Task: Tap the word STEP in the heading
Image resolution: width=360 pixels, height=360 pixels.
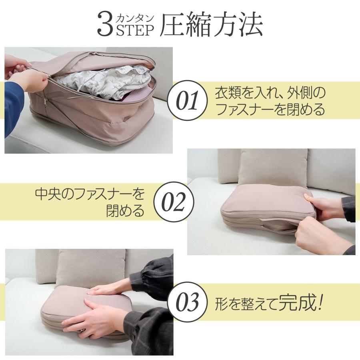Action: [135, 30]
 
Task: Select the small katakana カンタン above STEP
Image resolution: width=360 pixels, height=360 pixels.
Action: [135, 18]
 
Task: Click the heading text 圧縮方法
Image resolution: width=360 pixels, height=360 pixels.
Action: [211, 24]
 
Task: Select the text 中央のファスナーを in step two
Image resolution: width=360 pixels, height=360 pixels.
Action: [90, 194]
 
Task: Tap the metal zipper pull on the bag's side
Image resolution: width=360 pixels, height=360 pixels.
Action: [46, 101]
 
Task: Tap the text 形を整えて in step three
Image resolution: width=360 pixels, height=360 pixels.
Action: [246, 304]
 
